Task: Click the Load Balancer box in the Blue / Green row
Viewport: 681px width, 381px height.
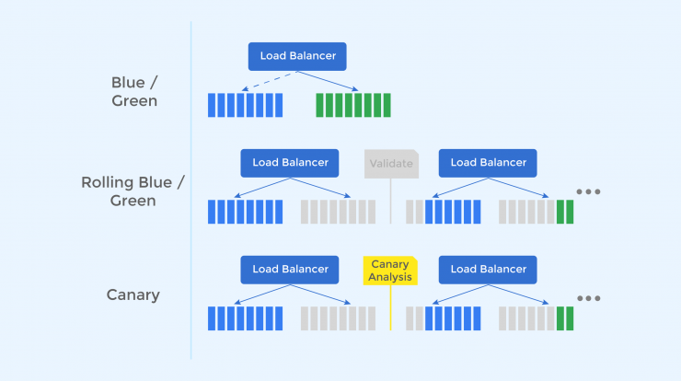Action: click(x=297, y=56)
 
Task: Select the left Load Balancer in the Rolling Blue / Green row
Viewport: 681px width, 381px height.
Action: click(x=290, y=163)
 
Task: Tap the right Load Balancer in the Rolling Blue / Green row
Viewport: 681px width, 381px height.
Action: click(x=488, y=163)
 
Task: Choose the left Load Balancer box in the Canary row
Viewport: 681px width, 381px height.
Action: click(x=290, y=270)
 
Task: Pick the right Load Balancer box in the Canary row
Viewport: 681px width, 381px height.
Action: click(x=488, y=270)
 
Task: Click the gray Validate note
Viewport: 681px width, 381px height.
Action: click(x=391, y=164)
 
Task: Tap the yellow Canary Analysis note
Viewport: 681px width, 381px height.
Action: click(x=390, y=271)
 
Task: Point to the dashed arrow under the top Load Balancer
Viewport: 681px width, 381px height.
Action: click(x=270, y=81)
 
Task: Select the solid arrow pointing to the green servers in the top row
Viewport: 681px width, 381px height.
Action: click(x=328, y=81)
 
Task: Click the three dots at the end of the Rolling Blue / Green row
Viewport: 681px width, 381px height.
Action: click(x=588, y=191)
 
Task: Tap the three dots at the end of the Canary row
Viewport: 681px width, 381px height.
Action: click(x=588, y=298)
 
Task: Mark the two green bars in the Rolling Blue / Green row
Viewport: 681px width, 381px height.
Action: click(x=565, y=212)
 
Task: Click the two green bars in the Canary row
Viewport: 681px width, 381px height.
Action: click(x=565, y=318)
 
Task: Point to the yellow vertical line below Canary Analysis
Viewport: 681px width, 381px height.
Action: click(x=390, y=307)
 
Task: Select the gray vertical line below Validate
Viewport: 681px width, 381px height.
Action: click(x=390, y=201)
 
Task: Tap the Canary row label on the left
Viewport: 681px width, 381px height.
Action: click(x=133, y=295)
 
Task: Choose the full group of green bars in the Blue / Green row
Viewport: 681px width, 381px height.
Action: click(x=353, y=105)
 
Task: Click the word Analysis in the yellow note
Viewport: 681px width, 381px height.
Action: click(x=390, y=277)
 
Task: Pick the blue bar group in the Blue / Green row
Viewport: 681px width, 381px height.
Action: click(x=246, y=105)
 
